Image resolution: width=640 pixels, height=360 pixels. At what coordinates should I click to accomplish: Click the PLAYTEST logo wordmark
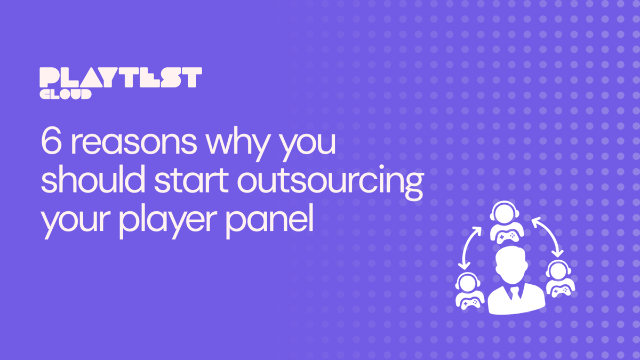click(121, 78)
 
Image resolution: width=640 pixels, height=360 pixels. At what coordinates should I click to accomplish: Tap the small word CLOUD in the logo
click(66, 94)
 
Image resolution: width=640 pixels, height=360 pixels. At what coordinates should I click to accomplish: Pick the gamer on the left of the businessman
click(469, 291)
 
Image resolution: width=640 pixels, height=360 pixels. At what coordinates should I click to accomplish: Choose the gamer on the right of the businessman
click(558, 278)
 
